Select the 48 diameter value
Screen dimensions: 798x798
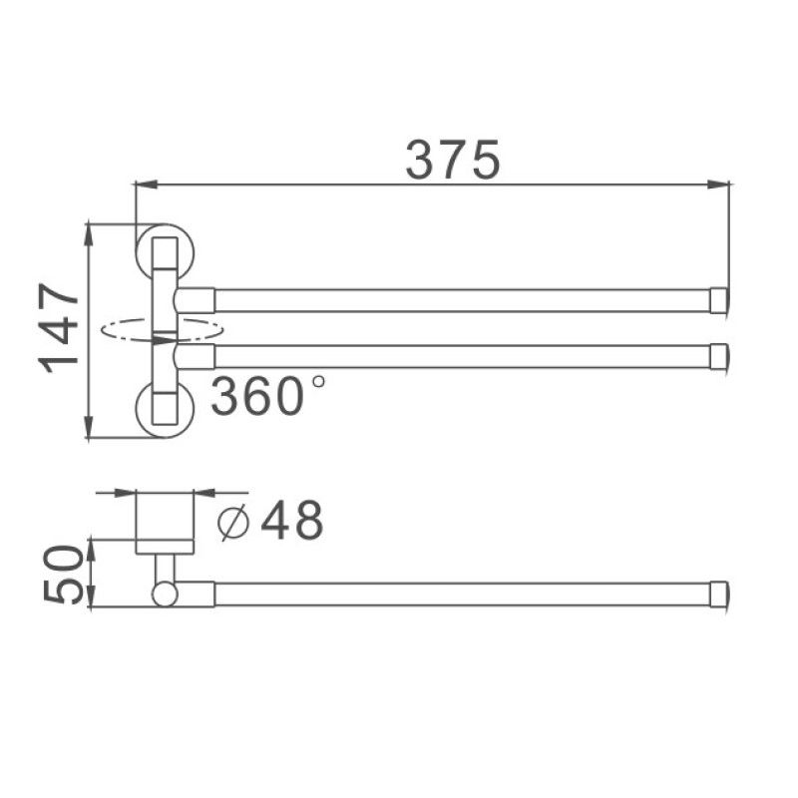[x=292, y=520]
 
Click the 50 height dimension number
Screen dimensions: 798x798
[x=62, y=574]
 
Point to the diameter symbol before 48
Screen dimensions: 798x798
[x=232, y=522]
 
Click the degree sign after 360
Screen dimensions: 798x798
[x=317, y=381]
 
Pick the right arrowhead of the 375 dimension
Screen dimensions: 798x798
[x=720, y=184]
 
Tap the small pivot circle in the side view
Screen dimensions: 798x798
[x=165, y=595]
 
